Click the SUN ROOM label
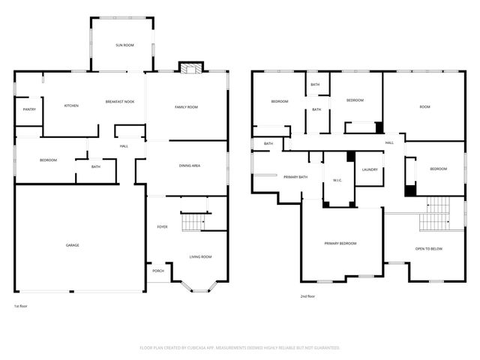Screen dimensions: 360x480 point(124,46)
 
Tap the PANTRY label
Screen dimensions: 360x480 point(29,109)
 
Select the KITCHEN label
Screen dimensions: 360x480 point(71,106)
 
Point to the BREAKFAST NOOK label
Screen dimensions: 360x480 point(120,102)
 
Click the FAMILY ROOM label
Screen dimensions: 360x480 point(186,107)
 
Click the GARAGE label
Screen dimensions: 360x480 point(72,245)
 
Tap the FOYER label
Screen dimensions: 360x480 point(162,226)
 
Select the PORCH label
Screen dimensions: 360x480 point(158,271)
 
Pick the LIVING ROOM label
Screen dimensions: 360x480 point(200,257)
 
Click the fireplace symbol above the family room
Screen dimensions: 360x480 point(190,69)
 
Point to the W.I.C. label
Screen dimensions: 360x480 point(337,181)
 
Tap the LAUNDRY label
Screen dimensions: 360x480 point(369,169)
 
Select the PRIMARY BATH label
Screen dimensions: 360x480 point(295,177)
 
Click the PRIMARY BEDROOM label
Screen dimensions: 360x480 point(340,244)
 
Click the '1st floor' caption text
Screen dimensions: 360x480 point(22,306)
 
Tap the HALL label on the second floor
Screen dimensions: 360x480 point(389,142)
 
